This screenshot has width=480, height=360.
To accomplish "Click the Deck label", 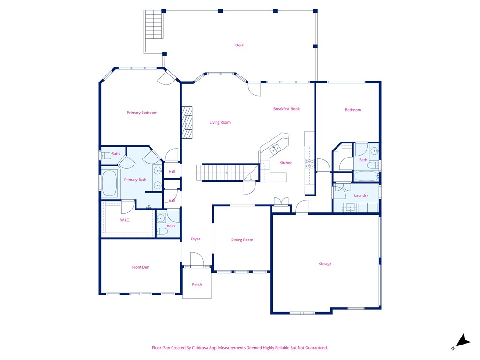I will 240,45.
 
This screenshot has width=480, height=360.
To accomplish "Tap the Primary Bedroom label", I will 142,112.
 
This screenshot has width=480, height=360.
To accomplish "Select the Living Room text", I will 220,123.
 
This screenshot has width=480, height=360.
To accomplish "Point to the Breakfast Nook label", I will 286,109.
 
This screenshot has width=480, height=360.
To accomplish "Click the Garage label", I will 325,264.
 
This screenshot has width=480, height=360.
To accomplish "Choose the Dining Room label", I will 242,240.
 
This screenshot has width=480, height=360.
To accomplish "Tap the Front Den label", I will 141,267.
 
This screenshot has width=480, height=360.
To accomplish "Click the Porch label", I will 197,285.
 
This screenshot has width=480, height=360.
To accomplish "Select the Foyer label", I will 195,239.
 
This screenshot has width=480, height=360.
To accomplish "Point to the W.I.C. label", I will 125,220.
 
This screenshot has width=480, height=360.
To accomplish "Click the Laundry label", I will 361,195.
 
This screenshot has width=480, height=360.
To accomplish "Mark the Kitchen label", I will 286,163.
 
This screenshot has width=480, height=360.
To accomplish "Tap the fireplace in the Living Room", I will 187,123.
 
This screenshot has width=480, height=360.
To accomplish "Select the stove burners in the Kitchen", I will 310,164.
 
